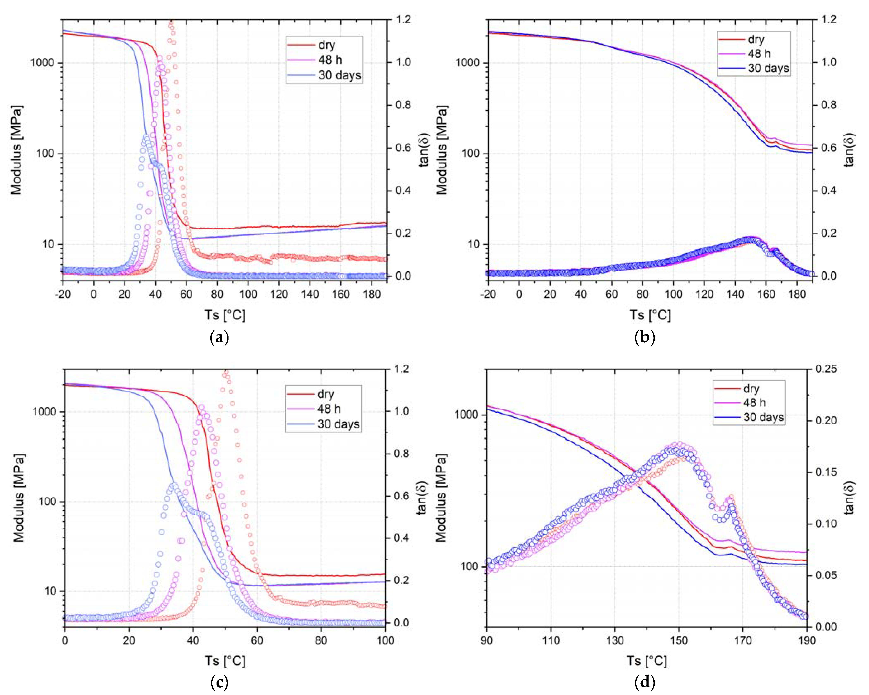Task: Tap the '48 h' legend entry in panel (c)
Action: [329, 409]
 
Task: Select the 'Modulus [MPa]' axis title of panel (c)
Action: [19, 498]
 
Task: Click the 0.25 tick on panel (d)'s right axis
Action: [825, 369]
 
